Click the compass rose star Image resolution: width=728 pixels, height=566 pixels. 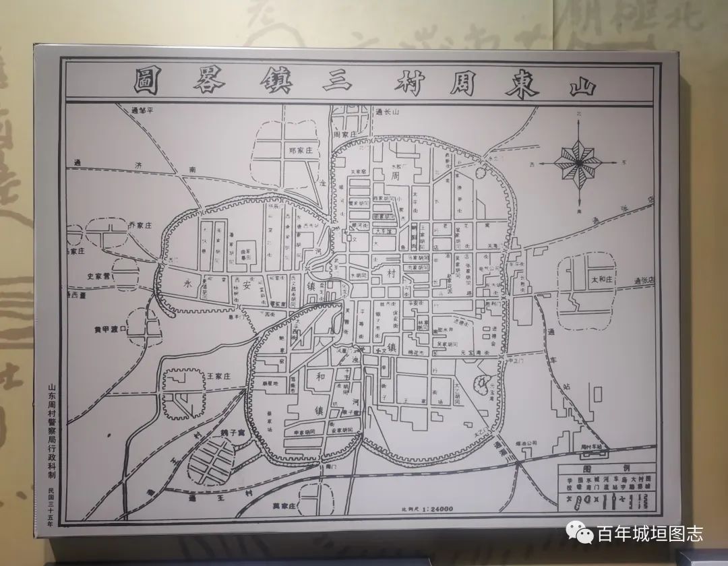pyautogui.click(x=579, y=162)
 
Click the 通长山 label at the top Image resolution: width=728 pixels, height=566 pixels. pyautogui.click(x=388, y=112)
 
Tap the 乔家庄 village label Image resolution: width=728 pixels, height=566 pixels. pyautogui.click(x=141, y=226)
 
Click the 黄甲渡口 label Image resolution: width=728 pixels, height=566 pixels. pyautogui.click(x=110, y=329)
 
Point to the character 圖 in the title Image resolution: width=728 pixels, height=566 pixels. pyautogui.click(x=146, y=82)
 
